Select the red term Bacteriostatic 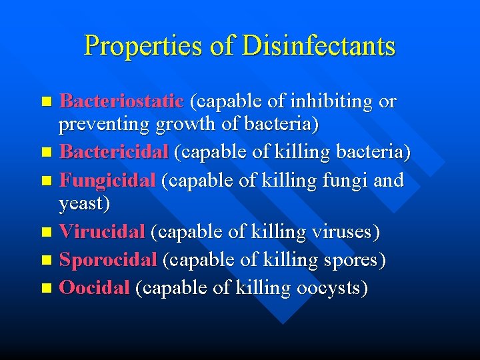pos(121,101)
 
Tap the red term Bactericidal pos(113,152)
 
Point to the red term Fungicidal pos(107,181)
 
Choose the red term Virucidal pos(102,232)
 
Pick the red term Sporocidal pos(108,260)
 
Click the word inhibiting pos(329,101)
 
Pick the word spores pos(349,260)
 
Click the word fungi pos(335,181)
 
